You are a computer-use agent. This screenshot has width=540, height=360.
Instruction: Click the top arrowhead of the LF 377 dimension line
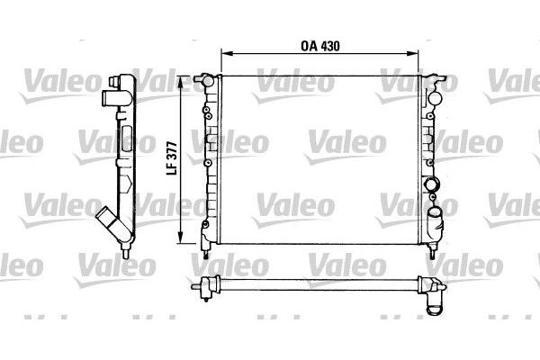click(185, 80)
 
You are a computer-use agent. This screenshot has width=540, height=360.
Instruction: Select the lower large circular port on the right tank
click(436, 215)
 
